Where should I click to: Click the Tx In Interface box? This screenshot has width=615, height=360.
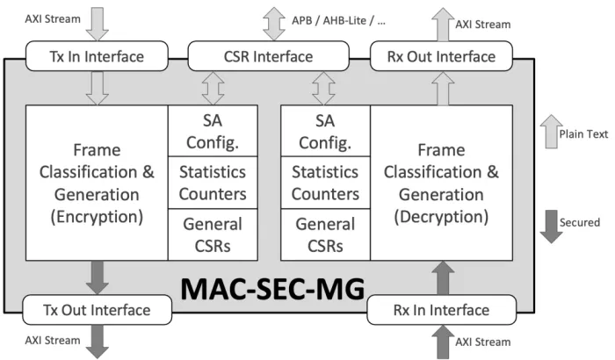point(98,58)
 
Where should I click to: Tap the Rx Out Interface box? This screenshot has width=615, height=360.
point(440,58)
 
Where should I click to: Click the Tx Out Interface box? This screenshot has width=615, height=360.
point(97,309)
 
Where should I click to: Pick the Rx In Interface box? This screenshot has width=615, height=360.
point(440,309)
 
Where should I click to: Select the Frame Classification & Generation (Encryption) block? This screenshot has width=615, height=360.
point(97,183)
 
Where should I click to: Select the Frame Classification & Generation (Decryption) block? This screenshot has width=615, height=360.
point(441,183)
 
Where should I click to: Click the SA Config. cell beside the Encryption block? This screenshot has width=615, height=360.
point(213,131)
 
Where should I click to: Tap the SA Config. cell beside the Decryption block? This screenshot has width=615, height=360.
point(324,131)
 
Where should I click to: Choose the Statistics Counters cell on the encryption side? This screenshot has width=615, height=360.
point(213,183)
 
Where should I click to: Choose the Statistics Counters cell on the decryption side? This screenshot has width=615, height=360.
point(324,183)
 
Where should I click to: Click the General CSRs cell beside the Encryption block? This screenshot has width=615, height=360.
point(213,234)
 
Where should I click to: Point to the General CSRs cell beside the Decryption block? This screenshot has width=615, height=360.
point(324,234)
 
